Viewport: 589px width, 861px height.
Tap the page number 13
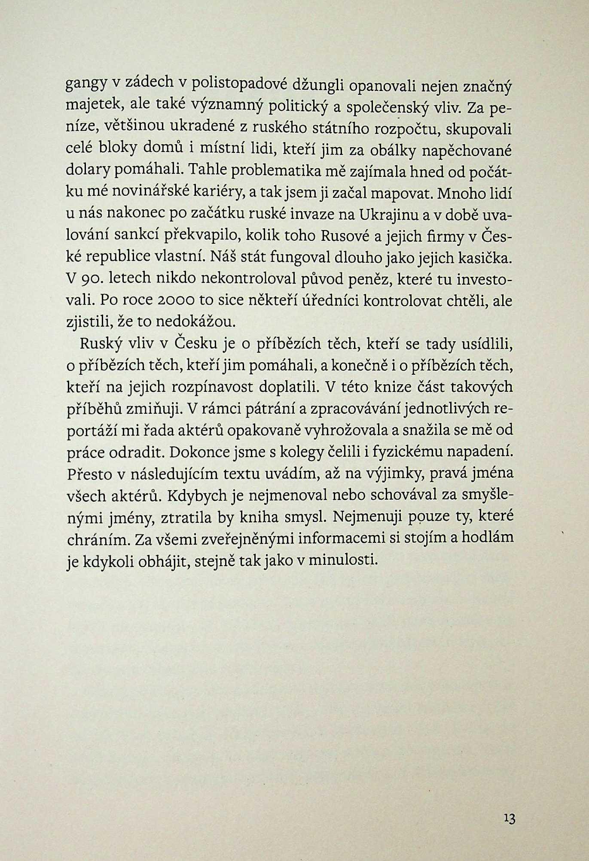510,819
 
